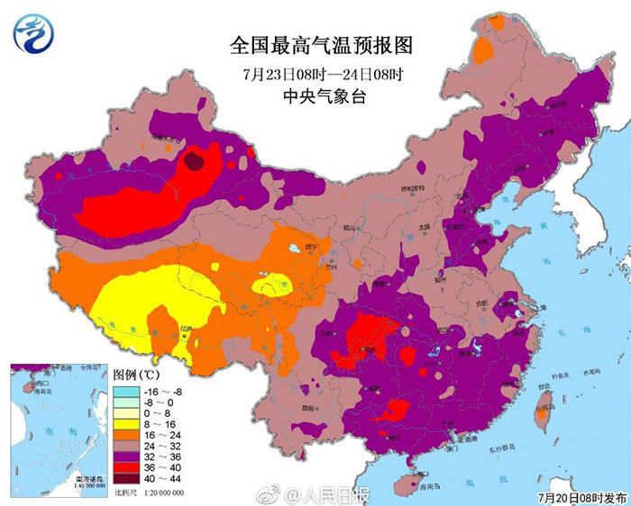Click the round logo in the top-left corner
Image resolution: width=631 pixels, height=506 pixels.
(x=34, y=33)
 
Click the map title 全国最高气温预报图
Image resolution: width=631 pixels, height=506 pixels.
(x=315, y=45)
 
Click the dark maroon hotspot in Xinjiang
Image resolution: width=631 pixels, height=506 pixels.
(x=195, y=161)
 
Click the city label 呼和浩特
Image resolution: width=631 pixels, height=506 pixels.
(x=411, y=190)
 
